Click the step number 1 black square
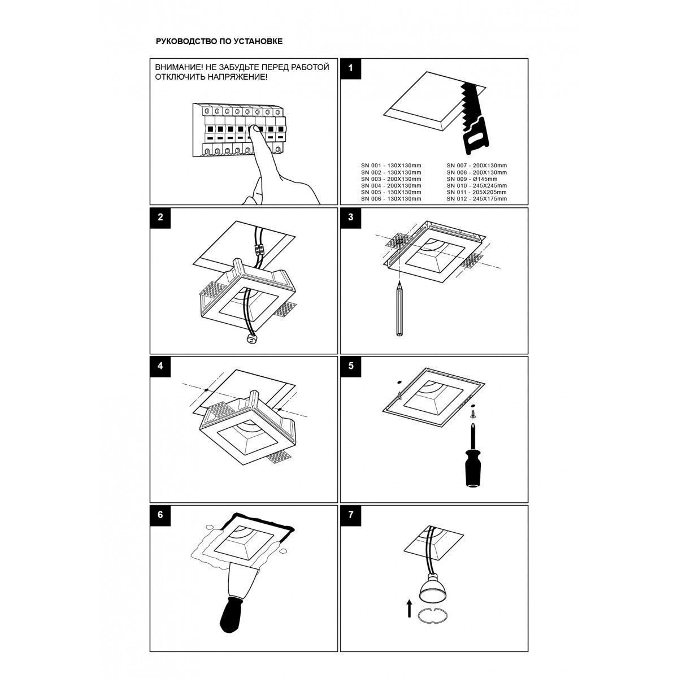tap(350, 68)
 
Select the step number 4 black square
tap(160, 366)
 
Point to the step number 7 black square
tap(350, 515)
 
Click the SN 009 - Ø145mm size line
tap(472, 179)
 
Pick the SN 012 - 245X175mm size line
tap(477, 199)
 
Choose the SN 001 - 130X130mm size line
tap(391, 166)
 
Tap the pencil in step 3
tap(399, 309)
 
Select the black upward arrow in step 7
tap(409, 609)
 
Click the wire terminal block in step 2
tap(259, 251)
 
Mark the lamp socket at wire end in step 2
tap(250, 339)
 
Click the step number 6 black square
tap(160, 515)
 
